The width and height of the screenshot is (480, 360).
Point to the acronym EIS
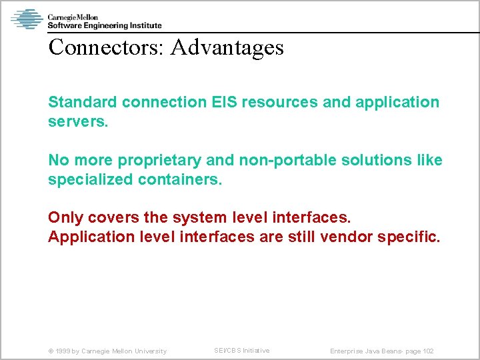coord(224,102)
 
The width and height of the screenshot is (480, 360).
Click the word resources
coord(280,102)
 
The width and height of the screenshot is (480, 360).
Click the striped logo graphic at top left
coord(27,19)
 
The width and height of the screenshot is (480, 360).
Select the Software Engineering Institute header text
coord(105,25)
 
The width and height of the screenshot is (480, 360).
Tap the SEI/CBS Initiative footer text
coord(241,351)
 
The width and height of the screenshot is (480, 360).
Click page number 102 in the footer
coord(428,351)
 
